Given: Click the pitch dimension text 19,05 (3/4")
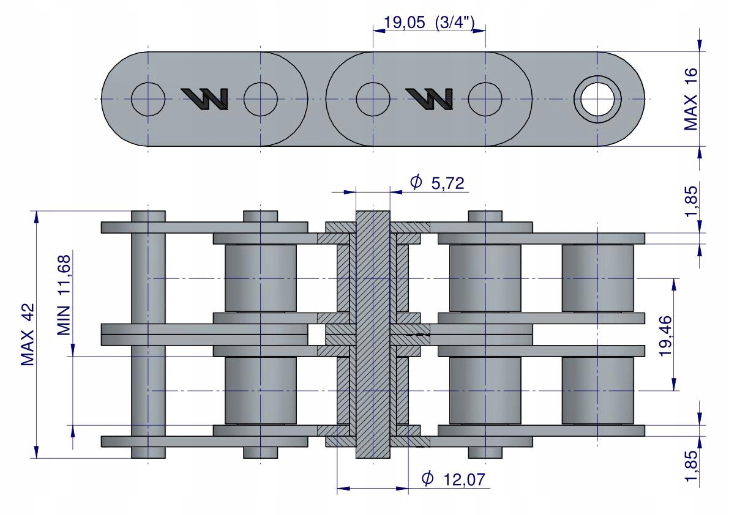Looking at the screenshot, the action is click(428, 22).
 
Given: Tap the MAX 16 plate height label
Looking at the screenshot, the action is click(691, 99).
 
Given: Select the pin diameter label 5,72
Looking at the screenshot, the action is click(447, 183).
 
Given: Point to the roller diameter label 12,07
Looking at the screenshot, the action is click(464, 480).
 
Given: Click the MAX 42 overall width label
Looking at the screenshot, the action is click(28, 335).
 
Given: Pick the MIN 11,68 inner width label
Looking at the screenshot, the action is click(64, 295).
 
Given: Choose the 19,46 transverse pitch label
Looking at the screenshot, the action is click(666, 336).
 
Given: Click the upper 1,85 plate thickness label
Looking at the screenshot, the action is click(691, 201).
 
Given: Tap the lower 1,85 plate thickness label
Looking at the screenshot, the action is click(691, 466).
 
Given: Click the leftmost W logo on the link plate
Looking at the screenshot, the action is click(205, 98).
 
